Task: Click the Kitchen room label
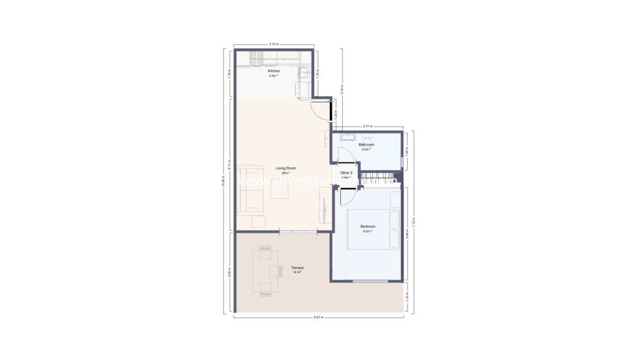point(274,71)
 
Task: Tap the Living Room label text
point(282,168)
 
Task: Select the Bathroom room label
point(366,144)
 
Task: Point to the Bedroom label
point(367,227)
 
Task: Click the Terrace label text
point(297,268)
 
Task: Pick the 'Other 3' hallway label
point(345,173)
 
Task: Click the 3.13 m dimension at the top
point(274,44)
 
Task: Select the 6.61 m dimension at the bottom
point(318,317)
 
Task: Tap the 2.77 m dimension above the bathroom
point(367,126)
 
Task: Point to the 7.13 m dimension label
point(414,221)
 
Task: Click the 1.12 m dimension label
point(407,298)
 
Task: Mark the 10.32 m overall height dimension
point(223,181)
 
